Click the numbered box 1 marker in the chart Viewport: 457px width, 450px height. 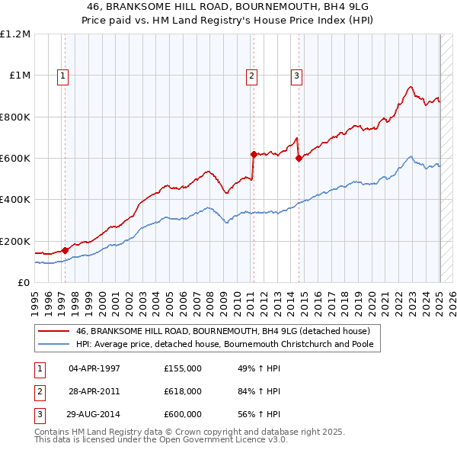62,75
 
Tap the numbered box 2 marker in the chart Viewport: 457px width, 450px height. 251,75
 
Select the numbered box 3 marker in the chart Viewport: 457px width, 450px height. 296,75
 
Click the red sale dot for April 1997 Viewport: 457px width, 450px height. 65,249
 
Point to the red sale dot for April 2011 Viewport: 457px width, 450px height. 254,154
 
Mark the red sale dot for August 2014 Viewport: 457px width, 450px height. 299,158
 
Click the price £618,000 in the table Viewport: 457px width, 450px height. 182,391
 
